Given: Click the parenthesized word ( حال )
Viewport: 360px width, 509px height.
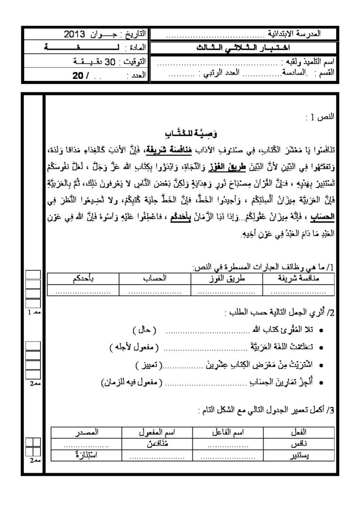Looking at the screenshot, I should [x=146, y=330].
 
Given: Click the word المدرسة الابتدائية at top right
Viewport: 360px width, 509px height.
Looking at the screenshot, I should [x=295, y=35].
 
